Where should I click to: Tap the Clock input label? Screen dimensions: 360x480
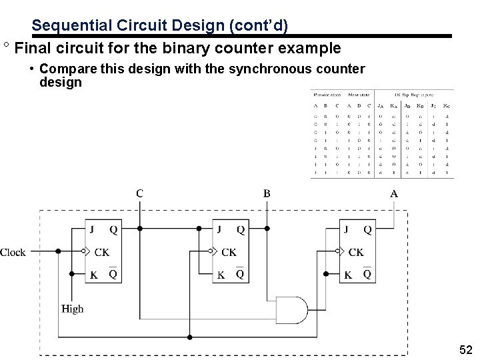13,252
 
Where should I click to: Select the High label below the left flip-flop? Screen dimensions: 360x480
72,309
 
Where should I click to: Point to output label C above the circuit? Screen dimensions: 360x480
139,193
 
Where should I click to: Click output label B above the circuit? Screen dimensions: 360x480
267,193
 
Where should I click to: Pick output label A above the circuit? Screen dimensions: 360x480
394,193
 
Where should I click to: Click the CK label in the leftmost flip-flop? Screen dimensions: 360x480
101,252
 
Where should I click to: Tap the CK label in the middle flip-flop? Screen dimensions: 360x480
228,252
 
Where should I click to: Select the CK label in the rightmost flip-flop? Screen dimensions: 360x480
356,252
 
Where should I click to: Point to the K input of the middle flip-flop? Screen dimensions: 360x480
220,275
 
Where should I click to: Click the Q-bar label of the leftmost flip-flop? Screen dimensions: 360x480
113,274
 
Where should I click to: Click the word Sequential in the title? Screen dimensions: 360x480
64,26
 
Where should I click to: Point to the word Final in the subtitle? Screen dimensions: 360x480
29,49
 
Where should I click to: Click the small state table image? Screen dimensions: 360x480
382,133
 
